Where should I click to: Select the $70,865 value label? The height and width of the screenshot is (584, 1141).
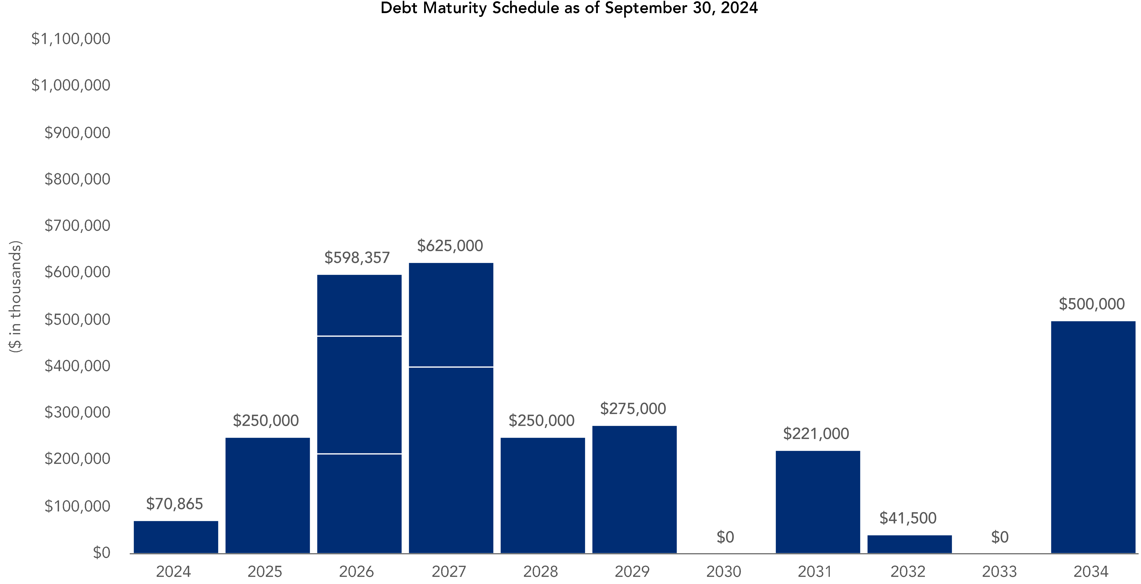[x=175, y=504]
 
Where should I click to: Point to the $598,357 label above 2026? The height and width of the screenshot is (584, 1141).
[x=357, y=258]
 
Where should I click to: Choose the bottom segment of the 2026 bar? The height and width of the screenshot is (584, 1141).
[x=359, y=503]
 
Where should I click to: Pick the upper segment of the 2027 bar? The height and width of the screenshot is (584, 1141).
[x=451, y=315]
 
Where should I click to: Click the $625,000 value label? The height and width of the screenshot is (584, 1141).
[x=450, y=245]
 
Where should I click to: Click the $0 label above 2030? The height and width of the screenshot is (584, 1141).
[x=725, y=537]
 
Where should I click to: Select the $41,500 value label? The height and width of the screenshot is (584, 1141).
[x=908, y=518]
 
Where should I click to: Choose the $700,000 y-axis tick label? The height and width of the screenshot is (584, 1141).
[x=77, y=226]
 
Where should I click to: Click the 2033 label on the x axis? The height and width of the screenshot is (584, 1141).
[x=999, y=572]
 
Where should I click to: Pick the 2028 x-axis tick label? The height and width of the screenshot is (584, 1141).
[x=540, y=572]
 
